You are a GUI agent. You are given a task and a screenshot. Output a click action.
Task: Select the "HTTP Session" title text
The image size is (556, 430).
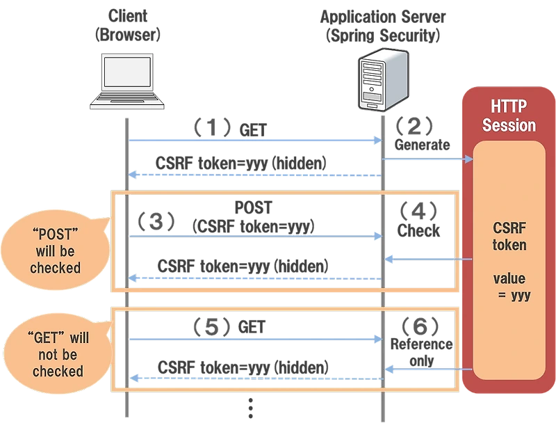pyautogui.click(x=509, y=116)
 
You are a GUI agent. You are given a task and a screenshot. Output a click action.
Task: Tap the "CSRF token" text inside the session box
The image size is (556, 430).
pyautogui.click(x=509, y=237)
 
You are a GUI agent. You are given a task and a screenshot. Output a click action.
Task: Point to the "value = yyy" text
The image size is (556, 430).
pyautogui.click(x=509, y=287)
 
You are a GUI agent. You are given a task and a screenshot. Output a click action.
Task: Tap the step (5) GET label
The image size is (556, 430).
pyautogui.click(x=229, y=326)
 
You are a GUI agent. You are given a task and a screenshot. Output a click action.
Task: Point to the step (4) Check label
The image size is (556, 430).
pyautogui.click(x=419, y=218)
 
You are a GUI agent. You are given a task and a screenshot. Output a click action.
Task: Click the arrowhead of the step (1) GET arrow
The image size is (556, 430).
pyautogui.click(x=378, y=141)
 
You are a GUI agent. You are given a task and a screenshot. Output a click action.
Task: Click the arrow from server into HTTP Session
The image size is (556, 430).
pyautogui.click(x=427, y=159)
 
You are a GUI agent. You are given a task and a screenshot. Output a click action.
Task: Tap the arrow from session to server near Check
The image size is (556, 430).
pyautogui.click(x=427, y=259)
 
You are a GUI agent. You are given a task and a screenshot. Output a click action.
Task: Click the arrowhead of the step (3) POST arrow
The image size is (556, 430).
pyautogui.click(x=378, y=237)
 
